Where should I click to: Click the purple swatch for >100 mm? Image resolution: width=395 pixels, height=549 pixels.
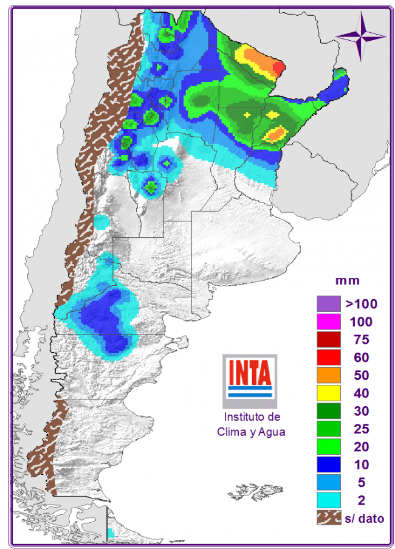328,303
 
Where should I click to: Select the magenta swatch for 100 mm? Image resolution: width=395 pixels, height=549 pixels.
328,320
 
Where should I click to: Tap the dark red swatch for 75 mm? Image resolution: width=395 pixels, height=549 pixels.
328,339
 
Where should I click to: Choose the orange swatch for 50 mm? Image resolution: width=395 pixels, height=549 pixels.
328,375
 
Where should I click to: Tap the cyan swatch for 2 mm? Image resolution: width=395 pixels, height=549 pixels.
328,500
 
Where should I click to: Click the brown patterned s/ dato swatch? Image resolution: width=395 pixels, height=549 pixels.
328,518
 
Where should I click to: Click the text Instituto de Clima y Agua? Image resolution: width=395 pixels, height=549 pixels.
251,424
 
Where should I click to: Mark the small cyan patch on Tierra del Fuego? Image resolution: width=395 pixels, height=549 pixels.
111,533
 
